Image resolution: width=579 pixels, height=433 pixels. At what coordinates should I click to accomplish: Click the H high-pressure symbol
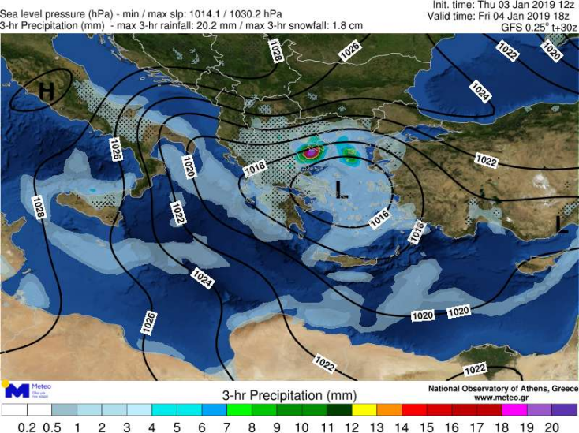(x=47, y=91)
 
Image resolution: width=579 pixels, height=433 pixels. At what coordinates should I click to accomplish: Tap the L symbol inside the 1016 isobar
(x=340, y=188)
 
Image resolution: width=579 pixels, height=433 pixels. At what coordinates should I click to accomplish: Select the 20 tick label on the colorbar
(x=552, y=427)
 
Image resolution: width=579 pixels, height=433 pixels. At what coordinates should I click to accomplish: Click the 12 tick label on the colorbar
(x=353, y=427)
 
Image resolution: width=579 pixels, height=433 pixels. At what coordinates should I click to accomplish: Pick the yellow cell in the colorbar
(x=365, y=410)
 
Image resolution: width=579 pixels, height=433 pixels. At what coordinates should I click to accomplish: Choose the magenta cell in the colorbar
(x=514, y=410)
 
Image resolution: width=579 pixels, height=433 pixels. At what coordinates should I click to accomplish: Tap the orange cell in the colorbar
(x=390, y=410)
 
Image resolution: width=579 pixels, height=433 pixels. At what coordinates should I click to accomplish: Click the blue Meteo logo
(x=17, y=390)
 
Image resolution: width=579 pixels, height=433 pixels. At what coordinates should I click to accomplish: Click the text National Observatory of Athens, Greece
(x=502, y=389)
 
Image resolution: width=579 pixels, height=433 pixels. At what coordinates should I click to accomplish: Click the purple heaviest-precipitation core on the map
(x=312, y=151)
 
